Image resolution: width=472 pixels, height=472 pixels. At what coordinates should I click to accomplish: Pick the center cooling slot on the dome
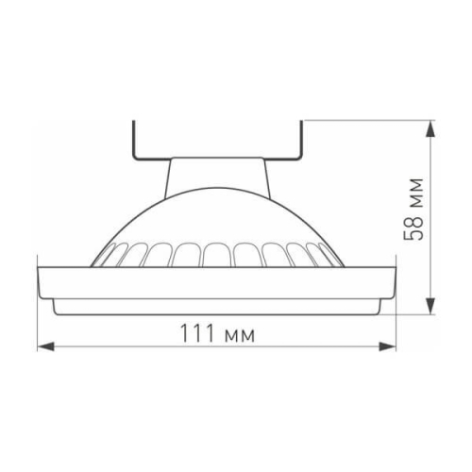click(x=215, y=255)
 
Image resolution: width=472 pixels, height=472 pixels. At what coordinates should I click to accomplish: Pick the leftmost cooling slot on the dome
click(x=106, y=257)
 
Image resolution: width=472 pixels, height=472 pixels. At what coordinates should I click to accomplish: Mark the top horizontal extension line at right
click(x=368, y=120)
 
